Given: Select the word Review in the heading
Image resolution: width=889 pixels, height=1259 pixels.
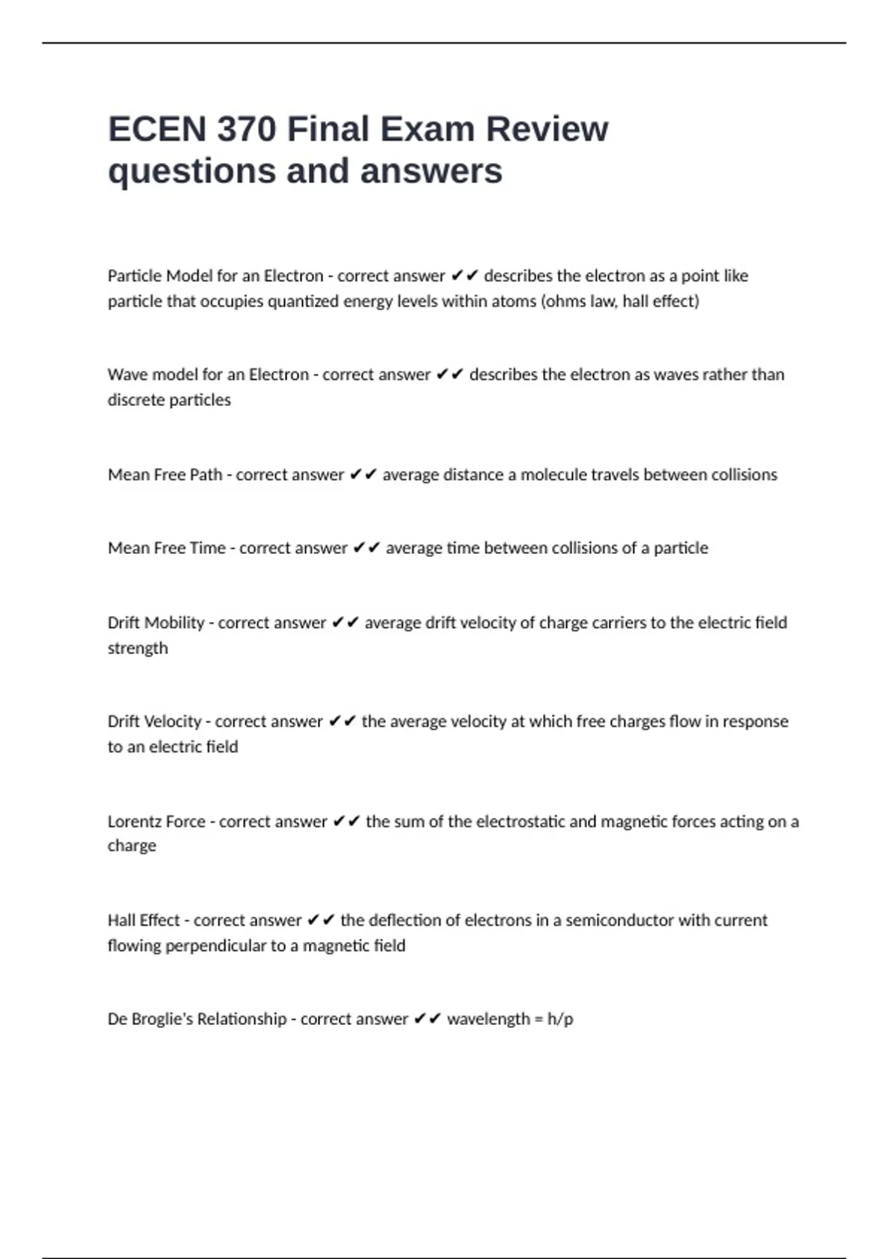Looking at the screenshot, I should pyautogui.click(x=547, y=130).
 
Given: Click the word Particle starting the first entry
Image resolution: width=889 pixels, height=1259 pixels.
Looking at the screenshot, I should pyautogui.click(x=135, y=276).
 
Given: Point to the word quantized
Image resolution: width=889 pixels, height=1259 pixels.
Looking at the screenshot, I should pyautogui.click(x=303, y=301).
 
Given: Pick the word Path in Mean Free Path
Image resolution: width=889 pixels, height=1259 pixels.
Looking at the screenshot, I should pyautogui.click(x=206, y=475).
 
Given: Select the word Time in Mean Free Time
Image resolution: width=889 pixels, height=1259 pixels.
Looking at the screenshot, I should pyautogui.click(x=207, y=548).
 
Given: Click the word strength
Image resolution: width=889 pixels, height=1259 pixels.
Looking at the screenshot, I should pyautogui.click(x=138, y=648).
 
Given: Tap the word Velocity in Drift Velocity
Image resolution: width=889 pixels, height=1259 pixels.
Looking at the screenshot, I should pyautogui.click(x=173, y=721).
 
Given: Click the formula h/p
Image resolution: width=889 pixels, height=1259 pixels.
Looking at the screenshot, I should pyautogui.click(x=560, y=1019).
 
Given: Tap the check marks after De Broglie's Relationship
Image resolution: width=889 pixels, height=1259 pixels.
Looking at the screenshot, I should pyautogui.click(x=427, y=1019).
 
